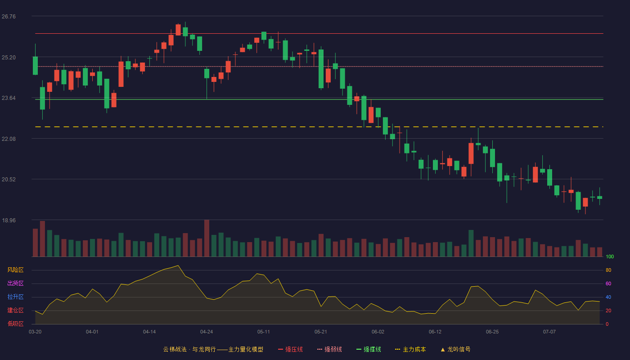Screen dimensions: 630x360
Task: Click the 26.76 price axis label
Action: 9,17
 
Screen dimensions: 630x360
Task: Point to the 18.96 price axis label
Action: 9,220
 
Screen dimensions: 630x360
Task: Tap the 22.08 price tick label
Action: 9,139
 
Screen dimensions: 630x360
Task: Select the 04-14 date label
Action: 149,332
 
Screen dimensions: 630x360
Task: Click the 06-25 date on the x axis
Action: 492,332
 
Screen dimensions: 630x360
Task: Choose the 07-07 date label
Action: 549,332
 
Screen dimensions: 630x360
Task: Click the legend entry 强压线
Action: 291,349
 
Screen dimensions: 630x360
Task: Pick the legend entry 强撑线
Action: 369,349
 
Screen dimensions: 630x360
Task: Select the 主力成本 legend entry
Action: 410,349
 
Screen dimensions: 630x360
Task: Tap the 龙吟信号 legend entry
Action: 455,349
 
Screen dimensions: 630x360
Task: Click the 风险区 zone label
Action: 15,270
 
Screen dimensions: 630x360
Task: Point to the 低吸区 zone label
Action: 15,324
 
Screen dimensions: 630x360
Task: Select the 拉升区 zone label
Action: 15,297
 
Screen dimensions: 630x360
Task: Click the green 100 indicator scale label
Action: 610,256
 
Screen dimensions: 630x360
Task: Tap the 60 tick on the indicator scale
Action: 608,283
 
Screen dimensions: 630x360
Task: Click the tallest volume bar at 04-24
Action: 207,238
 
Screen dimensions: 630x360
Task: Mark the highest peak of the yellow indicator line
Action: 178,265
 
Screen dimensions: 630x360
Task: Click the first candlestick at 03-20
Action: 35,66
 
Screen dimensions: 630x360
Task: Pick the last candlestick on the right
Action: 599,197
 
